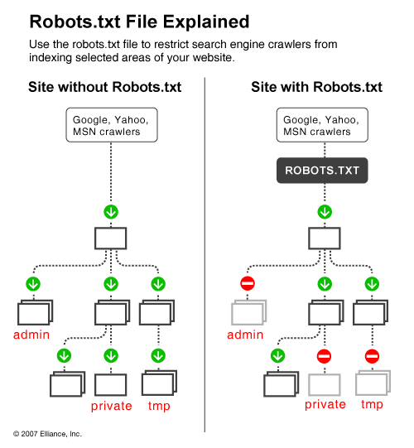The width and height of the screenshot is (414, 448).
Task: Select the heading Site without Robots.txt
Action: pos(104,87)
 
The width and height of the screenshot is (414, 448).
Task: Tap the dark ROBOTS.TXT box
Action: pos(324,171)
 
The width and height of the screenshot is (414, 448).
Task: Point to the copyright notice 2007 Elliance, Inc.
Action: pos(47,433)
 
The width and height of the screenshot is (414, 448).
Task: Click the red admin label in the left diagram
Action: pos(32,335)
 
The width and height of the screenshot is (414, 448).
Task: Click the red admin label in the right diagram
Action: pos(247,335)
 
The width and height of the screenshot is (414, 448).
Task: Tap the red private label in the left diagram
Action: pos(111,405)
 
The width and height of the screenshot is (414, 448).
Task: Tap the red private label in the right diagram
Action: pos(325,405)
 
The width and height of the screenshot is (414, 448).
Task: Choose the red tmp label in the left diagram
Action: pos(157,405)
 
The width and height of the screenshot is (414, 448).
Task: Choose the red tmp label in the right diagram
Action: pos(372,405)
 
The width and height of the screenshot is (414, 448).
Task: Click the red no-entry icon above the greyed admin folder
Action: pos(247,284)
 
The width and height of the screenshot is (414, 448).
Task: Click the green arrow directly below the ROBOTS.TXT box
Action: pos(324,212)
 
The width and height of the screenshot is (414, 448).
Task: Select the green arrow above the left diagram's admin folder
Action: pos(32,284)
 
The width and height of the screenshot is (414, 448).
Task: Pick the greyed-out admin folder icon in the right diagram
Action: pos(247,312)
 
